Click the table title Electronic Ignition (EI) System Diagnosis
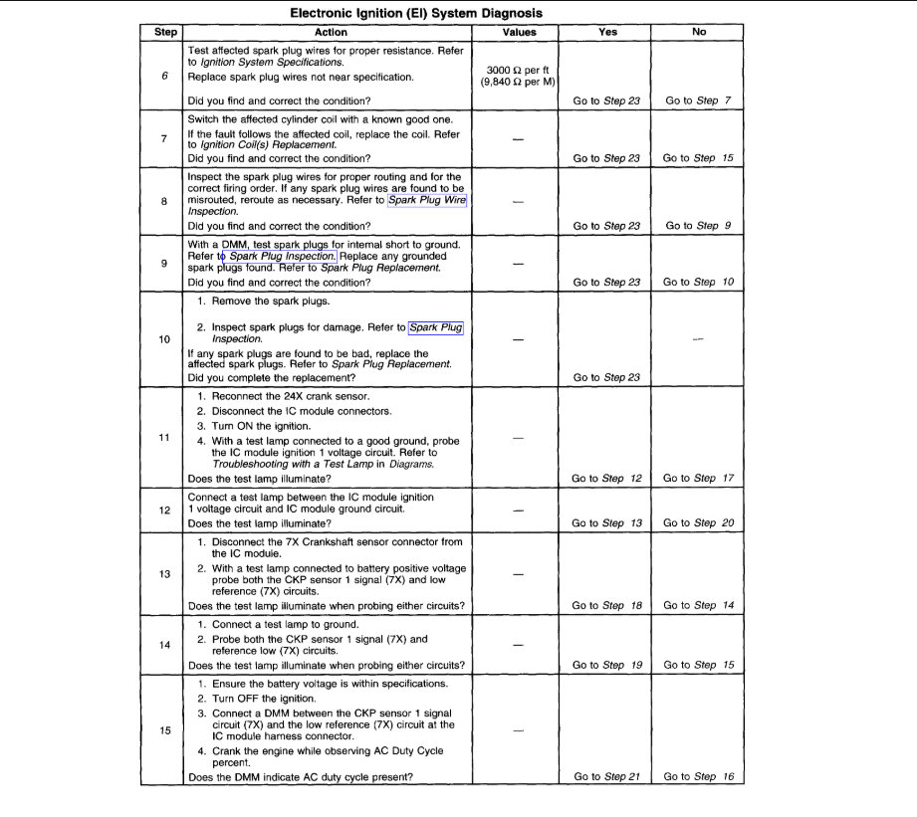(416, 14)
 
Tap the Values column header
(519, 32)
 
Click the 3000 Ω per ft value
(519, 70)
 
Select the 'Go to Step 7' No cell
(698, 101)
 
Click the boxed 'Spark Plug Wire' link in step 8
(427, 200)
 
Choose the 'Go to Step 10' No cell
(698, 282)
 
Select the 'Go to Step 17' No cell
(698, 478)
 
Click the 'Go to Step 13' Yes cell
(606, 522)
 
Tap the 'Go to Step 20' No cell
(698, 522)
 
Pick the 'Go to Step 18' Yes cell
(606, 605)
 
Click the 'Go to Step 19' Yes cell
(606, 665)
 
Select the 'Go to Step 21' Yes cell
(606, 776)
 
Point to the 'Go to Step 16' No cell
(698, 776)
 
